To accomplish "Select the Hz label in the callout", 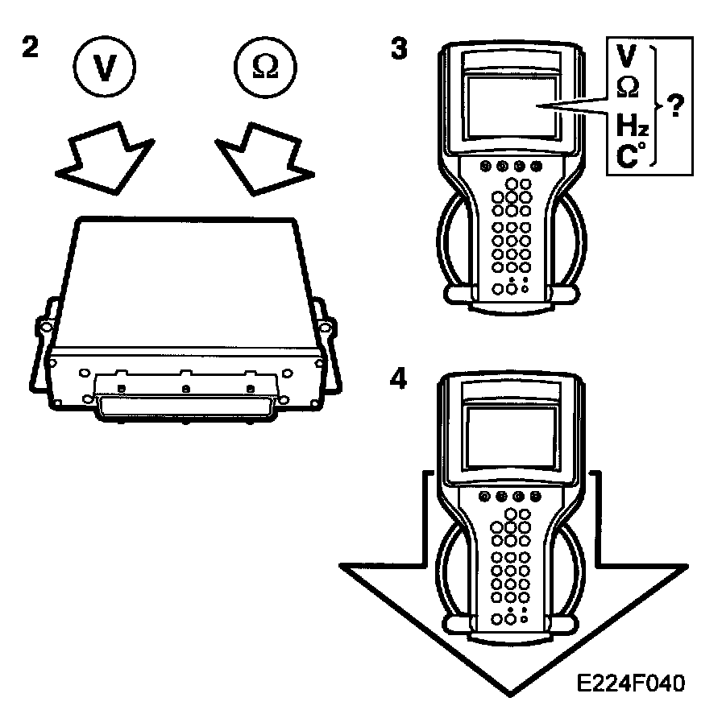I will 632,125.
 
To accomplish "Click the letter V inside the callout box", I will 627,57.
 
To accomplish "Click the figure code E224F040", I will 631,683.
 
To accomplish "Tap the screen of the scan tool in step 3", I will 511,106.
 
